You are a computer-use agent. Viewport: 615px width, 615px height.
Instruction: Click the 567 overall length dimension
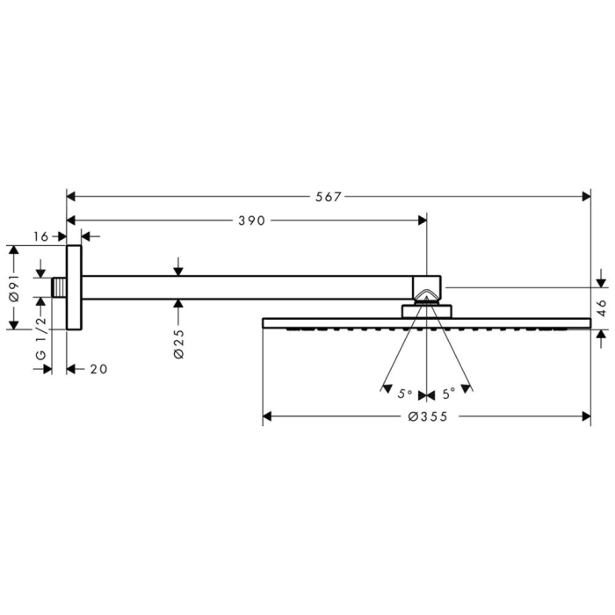pos(329,197)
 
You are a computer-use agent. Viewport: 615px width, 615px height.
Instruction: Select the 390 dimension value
pos(252,221)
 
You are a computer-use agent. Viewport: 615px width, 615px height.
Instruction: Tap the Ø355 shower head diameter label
pos(428,416)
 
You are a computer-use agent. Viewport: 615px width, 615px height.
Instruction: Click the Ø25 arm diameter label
pos(178,344)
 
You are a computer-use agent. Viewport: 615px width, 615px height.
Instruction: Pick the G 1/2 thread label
pos(40,338)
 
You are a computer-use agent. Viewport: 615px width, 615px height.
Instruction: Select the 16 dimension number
pos(40,236)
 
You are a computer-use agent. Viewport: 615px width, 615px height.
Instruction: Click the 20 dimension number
pos(98,369)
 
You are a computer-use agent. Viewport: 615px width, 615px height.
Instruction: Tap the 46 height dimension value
pos(602,308)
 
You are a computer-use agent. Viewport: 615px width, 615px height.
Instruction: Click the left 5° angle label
pos(405,394)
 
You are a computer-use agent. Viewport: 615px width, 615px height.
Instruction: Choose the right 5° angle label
pos(449,394)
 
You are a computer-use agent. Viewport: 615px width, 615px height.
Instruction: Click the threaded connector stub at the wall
pos(59,287)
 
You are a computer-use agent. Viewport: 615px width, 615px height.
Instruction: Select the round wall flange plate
pos(74,287)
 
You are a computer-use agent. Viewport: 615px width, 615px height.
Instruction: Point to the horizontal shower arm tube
pos(247,287)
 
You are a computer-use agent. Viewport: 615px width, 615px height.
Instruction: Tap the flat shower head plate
pos(426,323)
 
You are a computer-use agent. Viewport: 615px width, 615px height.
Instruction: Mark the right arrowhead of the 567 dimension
pos(587,197)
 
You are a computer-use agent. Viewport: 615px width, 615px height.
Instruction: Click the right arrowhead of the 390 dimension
pos(423,221)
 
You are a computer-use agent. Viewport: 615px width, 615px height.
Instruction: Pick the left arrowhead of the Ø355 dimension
pos(267,416)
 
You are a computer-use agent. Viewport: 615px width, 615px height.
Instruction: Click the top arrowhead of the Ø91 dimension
pos(14,250)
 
